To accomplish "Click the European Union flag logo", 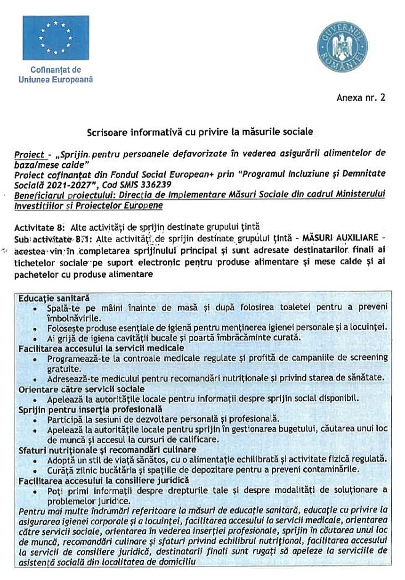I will (55, 38).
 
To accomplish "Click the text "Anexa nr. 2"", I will (361, 98).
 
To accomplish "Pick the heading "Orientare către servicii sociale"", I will (81, 389).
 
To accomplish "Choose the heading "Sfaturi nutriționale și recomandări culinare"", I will (107, 449).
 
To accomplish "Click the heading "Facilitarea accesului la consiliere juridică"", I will (104, 480).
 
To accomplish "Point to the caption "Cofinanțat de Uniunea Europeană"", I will (55, 75).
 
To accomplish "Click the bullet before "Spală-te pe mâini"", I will (36, 308).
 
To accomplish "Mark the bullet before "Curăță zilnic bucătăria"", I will (36, 470).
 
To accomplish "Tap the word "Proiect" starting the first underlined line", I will (29, 154).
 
